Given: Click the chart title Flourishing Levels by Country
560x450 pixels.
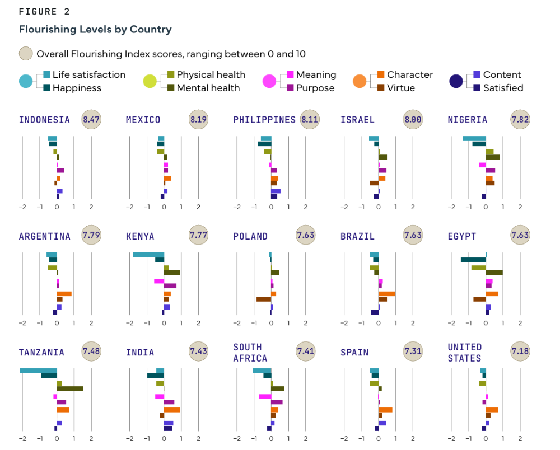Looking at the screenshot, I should coord(95,29).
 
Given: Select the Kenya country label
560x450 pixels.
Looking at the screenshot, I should coord(140,236).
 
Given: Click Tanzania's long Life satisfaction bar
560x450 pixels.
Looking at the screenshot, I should coord(39,371).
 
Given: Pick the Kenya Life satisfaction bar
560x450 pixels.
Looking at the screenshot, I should coord(148,255).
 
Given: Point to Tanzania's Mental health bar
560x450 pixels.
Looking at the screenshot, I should coord(70,388).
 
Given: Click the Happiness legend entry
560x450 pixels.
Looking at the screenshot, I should coord(77,88).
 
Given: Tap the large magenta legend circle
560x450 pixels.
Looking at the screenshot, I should coord(270,81).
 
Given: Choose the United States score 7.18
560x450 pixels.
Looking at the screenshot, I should coord(520,352).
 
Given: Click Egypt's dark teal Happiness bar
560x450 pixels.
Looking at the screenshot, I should coord(473,260).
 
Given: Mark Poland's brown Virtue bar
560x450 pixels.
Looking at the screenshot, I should coord(264,299).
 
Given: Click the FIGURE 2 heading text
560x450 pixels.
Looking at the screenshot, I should coord(45,12).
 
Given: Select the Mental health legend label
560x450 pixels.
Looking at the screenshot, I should coord(208,88).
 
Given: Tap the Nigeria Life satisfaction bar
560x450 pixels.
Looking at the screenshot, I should coord(474,138).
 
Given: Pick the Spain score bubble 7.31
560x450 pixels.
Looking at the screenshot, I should coord(413,352).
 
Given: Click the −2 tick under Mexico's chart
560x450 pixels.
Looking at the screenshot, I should coord(129,207).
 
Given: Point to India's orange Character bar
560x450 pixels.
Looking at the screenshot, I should coord(172,410).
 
